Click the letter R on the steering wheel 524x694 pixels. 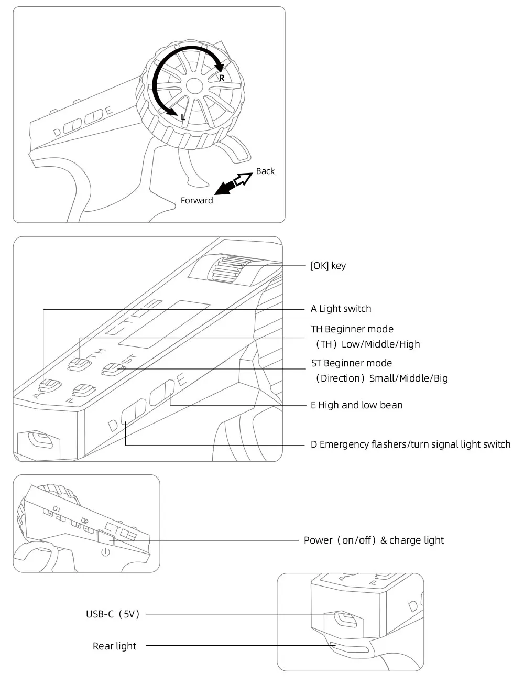coord(222,78)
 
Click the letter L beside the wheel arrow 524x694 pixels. coord(183,117)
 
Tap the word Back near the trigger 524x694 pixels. coord(265,171)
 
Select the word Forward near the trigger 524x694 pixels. coord(196,200)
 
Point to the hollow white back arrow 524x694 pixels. coord(243,179)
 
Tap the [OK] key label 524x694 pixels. coord(328,266)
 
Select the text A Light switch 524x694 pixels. coord(341,309)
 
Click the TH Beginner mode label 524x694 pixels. coord(352,329)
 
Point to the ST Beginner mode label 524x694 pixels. coord(352,363)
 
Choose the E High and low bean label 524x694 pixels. coord(356,405)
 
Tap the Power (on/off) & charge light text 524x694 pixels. coord(374,540)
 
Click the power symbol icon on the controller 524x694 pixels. coord(105,552)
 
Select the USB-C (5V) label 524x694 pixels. coord(113,614)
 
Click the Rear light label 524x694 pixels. coord(114,646)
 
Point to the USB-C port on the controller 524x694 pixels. coord(346,619)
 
